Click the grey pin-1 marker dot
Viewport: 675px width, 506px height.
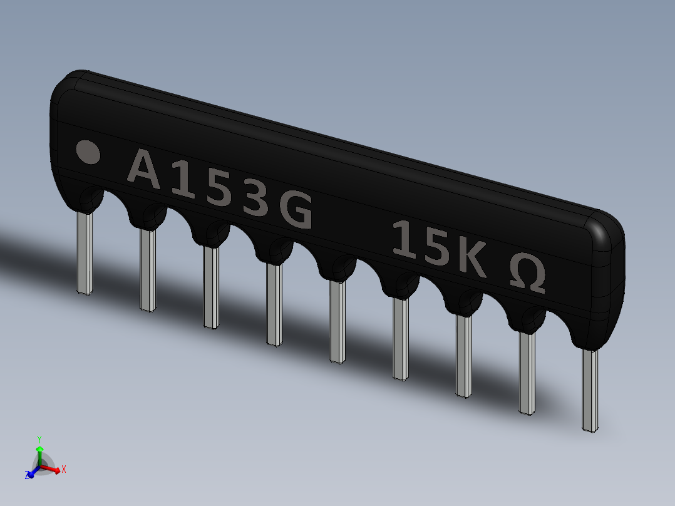[88, 152]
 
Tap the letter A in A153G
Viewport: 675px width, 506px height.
[145, 169]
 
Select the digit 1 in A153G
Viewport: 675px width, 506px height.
[182, 182]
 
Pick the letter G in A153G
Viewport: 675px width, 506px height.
[295, 211]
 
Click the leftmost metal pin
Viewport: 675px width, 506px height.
[85, 253]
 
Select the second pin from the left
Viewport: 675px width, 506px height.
[148, 271]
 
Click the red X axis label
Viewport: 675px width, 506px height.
[64, 468]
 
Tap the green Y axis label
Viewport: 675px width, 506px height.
[39, 439]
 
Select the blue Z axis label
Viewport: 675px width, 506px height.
[28, 476]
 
